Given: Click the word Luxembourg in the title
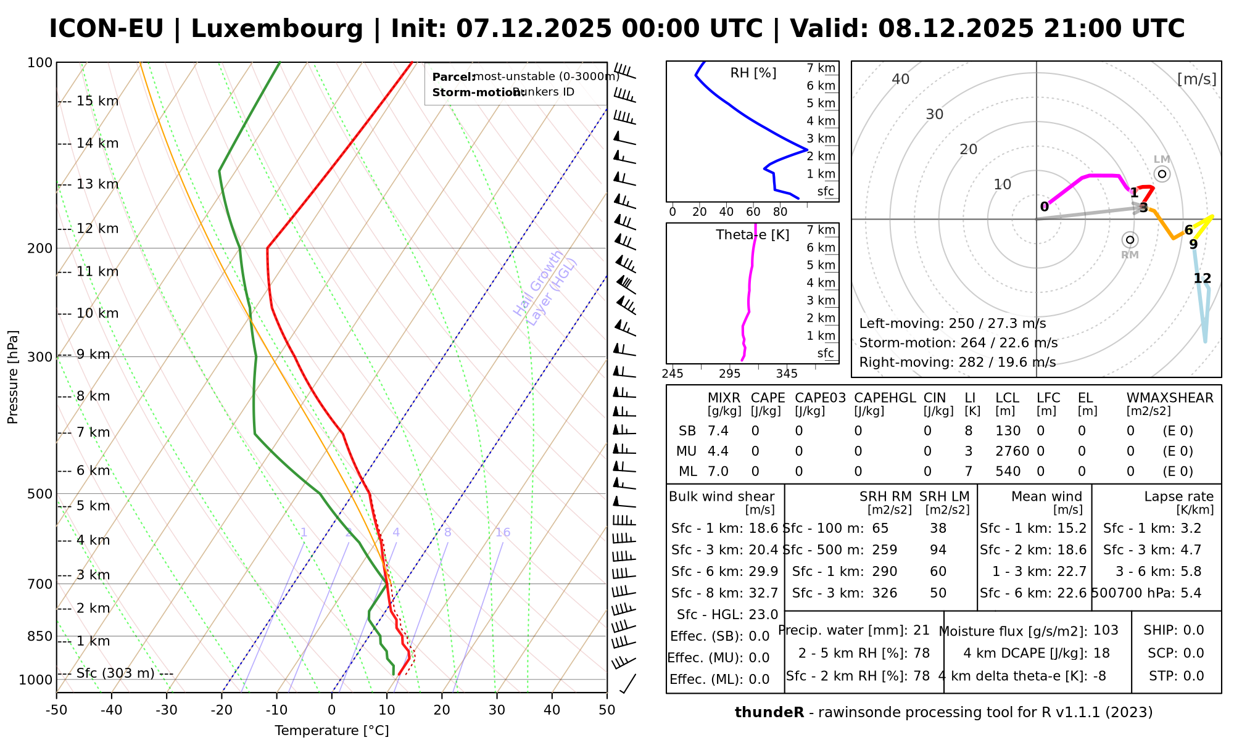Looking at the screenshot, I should click(x=277, y=29).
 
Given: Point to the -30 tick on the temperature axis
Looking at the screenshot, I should click(x=167, y=710).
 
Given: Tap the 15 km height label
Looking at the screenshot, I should click(x=97, y=101).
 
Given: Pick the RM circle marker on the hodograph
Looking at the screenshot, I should click(x=1130, y=240).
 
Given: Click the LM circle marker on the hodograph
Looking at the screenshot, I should click(x=1162, y=174).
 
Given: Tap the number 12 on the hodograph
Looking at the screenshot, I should click(x=1202, y=279).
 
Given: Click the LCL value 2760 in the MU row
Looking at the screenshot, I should click(x=1012, y=451).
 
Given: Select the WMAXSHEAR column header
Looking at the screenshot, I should click(x=1170, y=398).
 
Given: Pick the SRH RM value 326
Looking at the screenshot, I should click(x=884, y=593).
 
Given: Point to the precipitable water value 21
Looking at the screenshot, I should click(x=921, y=630).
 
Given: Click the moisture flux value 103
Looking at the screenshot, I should click(x=1106, y=630).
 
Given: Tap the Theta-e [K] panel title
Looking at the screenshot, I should click(x=752, y=235).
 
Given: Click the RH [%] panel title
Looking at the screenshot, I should click(x=753, y=73).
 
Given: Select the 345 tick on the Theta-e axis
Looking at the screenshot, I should click(x=787, y=374).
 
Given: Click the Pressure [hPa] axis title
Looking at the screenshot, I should click(x=13, y=377).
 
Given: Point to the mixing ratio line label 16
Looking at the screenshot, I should click(x=502, y=533).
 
